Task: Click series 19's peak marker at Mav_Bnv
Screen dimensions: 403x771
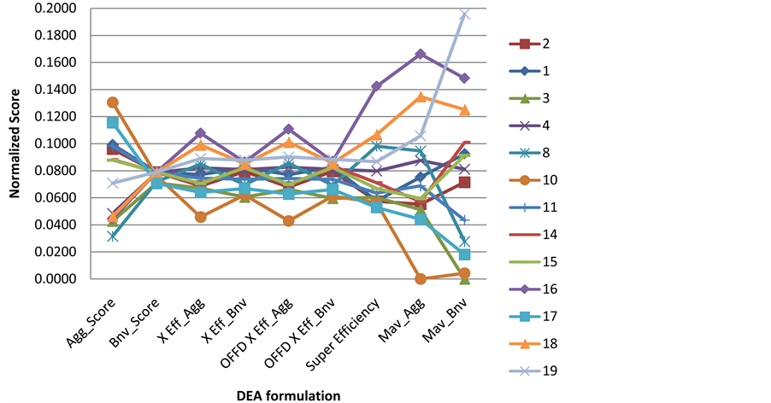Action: pos(465,15)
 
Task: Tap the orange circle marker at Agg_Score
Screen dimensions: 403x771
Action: pos(113,102)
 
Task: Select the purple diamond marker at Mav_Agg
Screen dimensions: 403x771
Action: pos(421,55)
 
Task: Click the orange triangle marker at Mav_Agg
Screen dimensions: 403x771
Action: pos(421,97)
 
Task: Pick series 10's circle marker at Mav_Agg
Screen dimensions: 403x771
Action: pos(421,278)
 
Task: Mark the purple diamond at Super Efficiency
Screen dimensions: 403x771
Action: pos(376,86)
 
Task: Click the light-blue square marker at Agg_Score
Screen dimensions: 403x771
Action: pos(113,123)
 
